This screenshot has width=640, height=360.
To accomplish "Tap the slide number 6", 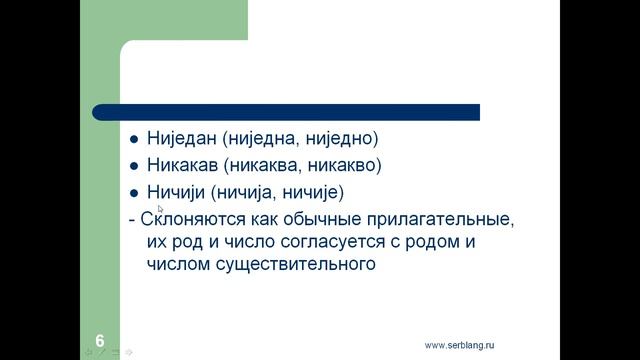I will coord(100,340).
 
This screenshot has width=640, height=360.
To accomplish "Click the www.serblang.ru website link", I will coord(460,345).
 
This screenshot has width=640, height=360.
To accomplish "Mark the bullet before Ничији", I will coord(136,192).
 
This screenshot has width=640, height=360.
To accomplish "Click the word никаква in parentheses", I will coord(269,165).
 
